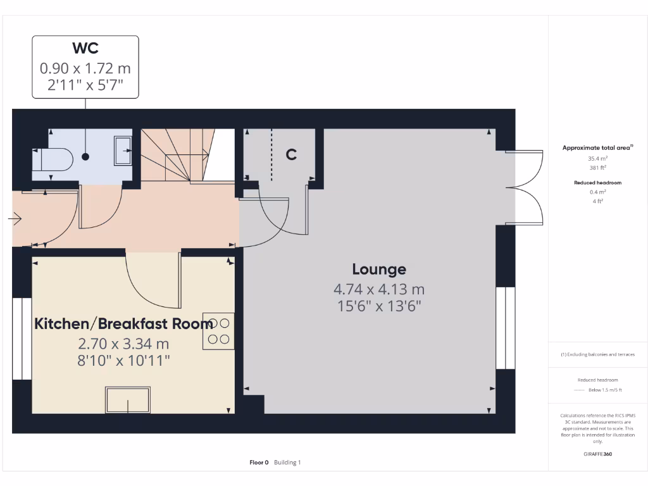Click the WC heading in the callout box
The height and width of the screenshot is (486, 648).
click(x=85, y=48)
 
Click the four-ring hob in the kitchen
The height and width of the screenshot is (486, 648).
click(x=218, y=331)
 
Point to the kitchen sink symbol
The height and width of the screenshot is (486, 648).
click(x=128, y=400)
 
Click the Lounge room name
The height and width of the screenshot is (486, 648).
click(x=379, y=270)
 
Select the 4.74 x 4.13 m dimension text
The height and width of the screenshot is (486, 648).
click(x=379, y=290)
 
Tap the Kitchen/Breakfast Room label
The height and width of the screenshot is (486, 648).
click(x=123, y=324)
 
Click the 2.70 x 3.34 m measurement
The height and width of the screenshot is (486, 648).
click(x=123, y=344)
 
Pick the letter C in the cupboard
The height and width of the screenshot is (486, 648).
click(x=291, y=154)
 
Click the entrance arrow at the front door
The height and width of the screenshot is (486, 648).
click(x=15, y=220)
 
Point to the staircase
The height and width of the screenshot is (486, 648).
click(x=176, y=155)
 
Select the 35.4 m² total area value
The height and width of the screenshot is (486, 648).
click(x=597, y=159)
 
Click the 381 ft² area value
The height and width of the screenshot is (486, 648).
click(x=597, y=168)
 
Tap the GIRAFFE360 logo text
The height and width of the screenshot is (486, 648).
click(x=598, y=454)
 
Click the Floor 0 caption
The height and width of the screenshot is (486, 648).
click(x=259, y=463)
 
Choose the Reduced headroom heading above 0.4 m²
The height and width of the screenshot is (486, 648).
click(x=597, y=182)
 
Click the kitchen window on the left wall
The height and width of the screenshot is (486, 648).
click(x=22, y=338)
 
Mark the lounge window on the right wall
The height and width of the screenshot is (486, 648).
click(x=505, y=328)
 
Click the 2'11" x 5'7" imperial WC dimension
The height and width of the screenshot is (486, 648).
click(x=85, y=85)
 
